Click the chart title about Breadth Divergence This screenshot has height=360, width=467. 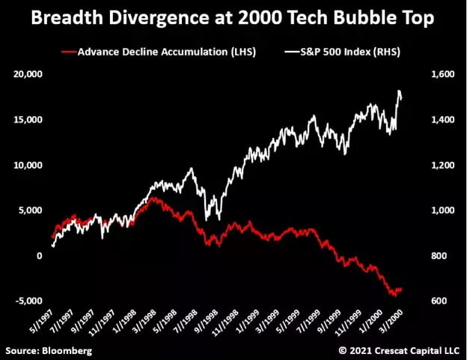(x=233, y=19)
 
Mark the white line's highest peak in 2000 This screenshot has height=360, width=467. (x=399, y=91)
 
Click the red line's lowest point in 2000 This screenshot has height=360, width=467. (x=394, y=296)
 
